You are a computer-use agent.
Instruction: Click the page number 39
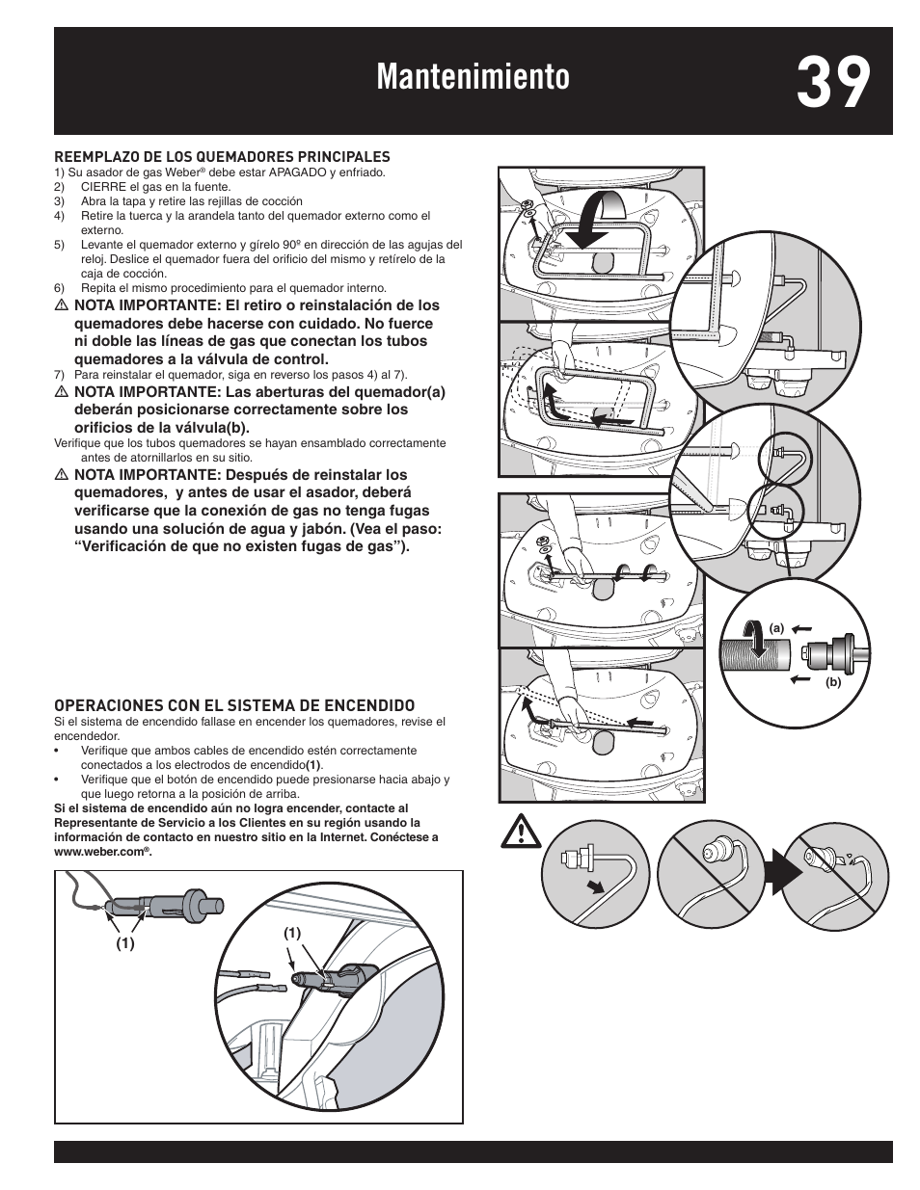[834, 81]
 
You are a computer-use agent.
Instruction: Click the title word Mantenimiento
[473, 79]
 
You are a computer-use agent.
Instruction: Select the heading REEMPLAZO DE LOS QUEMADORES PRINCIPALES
[222, 156]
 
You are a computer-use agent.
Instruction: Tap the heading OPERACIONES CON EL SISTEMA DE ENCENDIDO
[234, 705]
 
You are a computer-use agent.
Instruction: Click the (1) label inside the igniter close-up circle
[292, 933]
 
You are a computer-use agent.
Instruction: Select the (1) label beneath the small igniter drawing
[125, 944]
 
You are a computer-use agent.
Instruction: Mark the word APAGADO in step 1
[297, 172]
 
